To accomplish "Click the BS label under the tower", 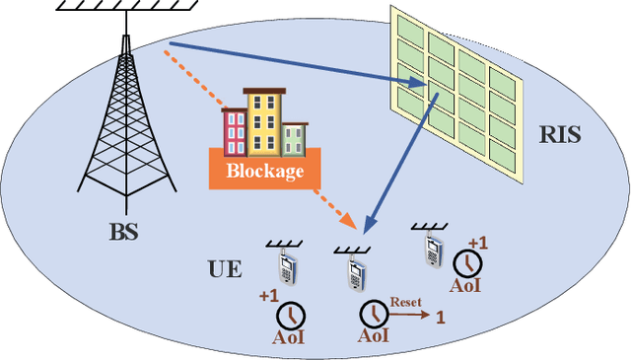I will [123, 234].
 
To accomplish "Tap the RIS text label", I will [560, 135].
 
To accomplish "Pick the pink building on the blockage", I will [235, 132].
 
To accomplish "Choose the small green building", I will [294, 139].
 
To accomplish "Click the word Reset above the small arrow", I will [405, 302].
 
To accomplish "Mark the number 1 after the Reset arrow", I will [441, 317].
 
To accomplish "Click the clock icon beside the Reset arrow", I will [374, 314].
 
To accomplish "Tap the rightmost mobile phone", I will [430, 250].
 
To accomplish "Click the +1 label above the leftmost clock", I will [267, 295].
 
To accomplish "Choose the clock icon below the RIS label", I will [467, 263].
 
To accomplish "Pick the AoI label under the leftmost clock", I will [289, 337].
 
